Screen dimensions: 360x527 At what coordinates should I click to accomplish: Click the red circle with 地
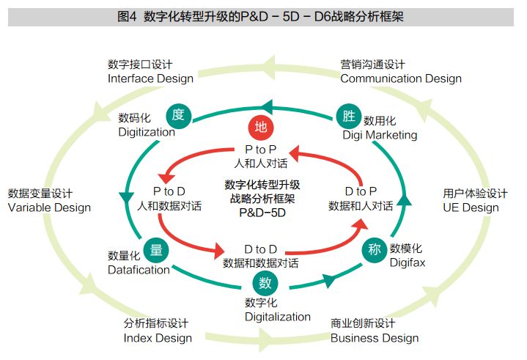(260, 126)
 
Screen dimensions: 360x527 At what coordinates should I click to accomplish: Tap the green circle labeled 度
(177, 114)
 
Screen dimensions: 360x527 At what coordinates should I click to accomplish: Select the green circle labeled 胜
(346, 114)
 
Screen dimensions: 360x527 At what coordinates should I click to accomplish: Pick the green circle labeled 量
(155, 249)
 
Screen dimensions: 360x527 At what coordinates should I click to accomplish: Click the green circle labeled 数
(265, 283)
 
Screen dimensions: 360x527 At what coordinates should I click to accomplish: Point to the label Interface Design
(150, 78)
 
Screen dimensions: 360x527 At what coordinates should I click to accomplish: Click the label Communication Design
(400, 78)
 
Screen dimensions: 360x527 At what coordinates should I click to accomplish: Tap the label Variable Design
(49, 207)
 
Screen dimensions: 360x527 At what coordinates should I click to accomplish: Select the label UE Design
(471, 207)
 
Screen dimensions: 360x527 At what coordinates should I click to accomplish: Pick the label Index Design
(158, 338)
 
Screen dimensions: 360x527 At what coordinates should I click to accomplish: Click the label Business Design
(374, 338)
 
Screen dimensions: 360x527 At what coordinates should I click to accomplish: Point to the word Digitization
(147, 132)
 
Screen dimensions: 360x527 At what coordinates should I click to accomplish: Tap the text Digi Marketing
(380, 134)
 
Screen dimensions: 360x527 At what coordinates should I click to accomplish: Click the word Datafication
(139, 270)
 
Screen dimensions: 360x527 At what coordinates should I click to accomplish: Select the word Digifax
(408, 262)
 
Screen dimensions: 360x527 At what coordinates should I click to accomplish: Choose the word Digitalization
(278, 317)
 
